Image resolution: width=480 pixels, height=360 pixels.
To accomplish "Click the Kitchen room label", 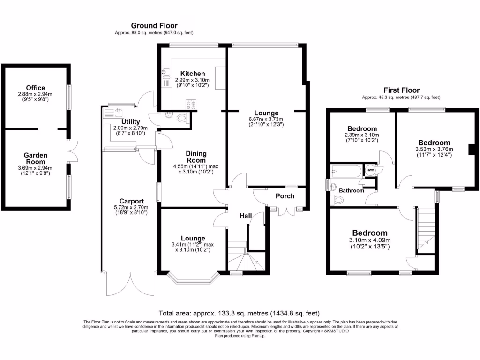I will click(193, 74).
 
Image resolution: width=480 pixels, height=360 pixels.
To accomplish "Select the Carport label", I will click(125, 201).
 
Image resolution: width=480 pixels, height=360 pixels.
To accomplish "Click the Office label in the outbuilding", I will click(36, 88).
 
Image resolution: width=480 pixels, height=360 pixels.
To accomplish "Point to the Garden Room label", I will click(36, 158).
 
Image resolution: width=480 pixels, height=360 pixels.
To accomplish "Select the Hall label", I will click(245, 216).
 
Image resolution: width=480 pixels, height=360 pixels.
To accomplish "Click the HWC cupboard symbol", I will click(370, 170).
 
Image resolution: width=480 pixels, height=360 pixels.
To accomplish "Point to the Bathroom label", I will click(352, 191).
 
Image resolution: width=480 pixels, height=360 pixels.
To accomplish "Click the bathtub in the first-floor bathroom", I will click(346, 171).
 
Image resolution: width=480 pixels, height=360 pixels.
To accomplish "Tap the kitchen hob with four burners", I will click(191, 105).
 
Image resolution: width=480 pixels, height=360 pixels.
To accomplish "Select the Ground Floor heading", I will click(154, 25).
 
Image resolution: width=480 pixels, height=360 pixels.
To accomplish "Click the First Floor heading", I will click(401, 90).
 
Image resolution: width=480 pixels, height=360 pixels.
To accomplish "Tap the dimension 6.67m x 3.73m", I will click(266, 120).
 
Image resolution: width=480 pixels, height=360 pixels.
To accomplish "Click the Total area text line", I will click(240, 313).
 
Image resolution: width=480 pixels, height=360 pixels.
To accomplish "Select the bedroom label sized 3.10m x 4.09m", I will click(370, 233).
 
